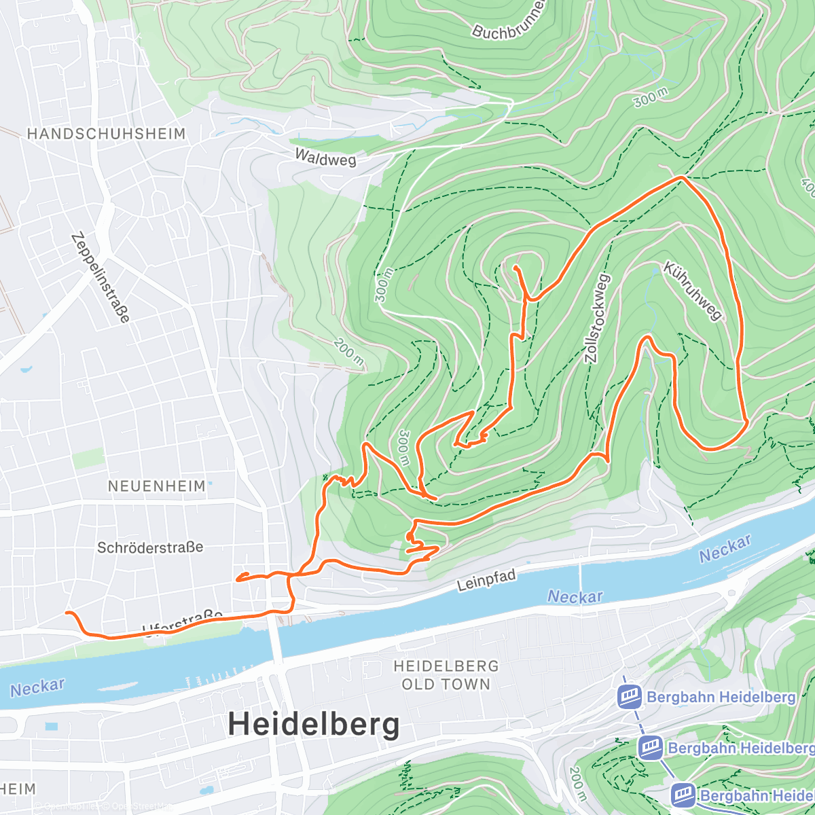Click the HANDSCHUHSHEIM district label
pyautogui.click(x=106, y=134)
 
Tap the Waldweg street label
pyautogui.click(x=325, y=158)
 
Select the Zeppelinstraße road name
pyautogui.click(x=100, y=278)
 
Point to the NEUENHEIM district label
pyautogui.click(x=157, y=486)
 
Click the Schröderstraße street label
pyautogui.click(x=150, y=547)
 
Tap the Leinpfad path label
pyautogui.click(x=486, y=581)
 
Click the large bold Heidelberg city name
pyautogui.click(x=314, y=724)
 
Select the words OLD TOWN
pyautogui.click(x=446, y=685)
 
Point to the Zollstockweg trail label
pyautogui.click(x=597, y=319)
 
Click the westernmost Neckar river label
pyautogui.click(x=37, y=687)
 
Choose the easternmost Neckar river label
pyautogui.click(x=725, y=548)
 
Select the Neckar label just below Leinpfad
pyautogui.click(x=575, y=597)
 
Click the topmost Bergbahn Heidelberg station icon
pyautogui.click(x=629, y=697)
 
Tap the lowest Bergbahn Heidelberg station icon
pyautogui.click(x=683, y=795)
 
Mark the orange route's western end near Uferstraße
pyautogui.click(x=67, y=613)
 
